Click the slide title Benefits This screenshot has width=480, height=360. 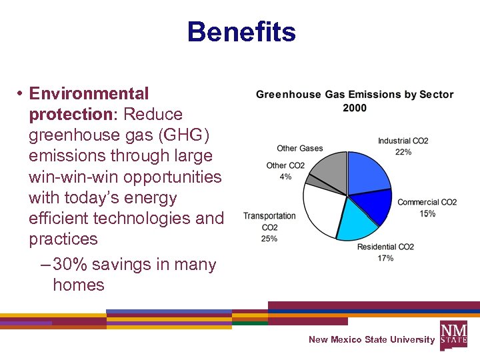click(x=241, y=32)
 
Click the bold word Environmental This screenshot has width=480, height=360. click(x=89, y=93)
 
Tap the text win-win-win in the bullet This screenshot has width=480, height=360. click(x=80, y=177)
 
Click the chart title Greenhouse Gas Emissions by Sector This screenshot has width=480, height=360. click(x=355, y=95)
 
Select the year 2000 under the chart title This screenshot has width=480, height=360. click(x=355, y=108)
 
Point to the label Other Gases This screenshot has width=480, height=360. click(x=300, y=149)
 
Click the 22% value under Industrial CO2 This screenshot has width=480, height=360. click(x=403, y=152)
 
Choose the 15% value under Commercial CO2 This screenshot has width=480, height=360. click(x=427, y=213)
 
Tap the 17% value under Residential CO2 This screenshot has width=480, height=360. click(x=385, y=258)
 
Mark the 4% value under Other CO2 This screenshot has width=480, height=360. click(x=285, y=177)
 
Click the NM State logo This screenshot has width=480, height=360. click(x=453, y=334)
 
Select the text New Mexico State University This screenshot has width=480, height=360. click(x=371, y=340)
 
